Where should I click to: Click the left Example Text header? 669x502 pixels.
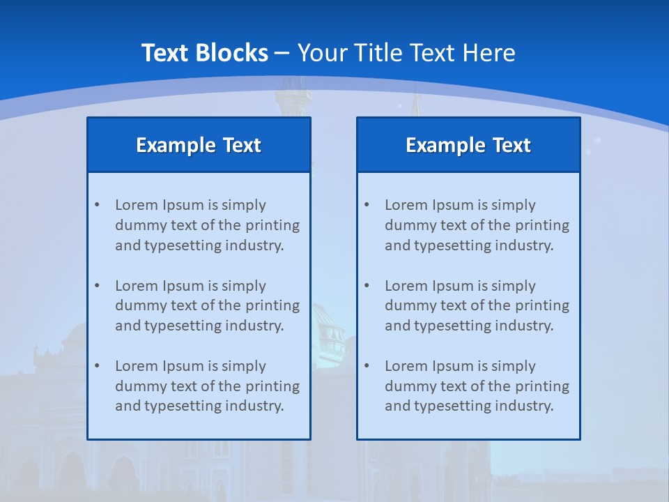pos(199,145)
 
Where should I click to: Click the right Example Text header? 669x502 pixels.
pos(468,145)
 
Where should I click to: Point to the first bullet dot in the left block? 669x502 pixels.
pos(97,205)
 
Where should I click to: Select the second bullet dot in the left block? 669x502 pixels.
pos(97,286)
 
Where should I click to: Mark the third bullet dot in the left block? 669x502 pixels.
pos(97,366)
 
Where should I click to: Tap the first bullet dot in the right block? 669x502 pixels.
pos(367,205)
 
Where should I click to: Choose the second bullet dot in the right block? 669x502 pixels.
pos(367,286)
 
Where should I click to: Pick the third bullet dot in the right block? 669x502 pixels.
pos(367,366)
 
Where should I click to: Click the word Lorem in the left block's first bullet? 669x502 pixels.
pos(137,205)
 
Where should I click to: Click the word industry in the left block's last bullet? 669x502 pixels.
pos(256,406)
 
